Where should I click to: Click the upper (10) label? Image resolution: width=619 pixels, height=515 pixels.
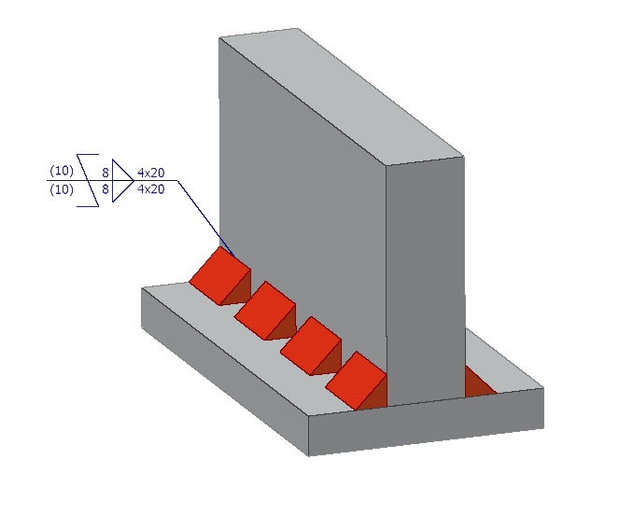coord(61,173)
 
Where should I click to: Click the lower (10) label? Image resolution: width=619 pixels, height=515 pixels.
coord(61,189)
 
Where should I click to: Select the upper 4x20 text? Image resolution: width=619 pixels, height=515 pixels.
coord(150,173)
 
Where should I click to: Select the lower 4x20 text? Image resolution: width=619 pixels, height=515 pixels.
coord(150,189)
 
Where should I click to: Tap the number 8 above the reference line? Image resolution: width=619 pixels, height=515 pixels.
coord(106,173)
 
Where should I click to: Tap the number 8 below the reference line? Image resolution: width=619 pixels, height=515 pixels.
coord(106,189)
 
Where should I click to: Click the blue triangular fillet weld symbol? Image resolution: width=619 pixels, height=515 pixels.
coord(121,180)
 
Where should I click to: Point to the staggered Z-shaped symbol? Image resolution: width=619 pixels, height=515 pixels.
coord(88,180)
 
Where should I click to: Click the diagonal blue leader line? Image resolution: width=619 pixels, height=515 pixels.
coord(201,210)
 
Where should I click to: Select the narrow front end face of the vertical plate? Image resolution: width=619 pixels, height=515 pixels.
coord(425,280)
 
